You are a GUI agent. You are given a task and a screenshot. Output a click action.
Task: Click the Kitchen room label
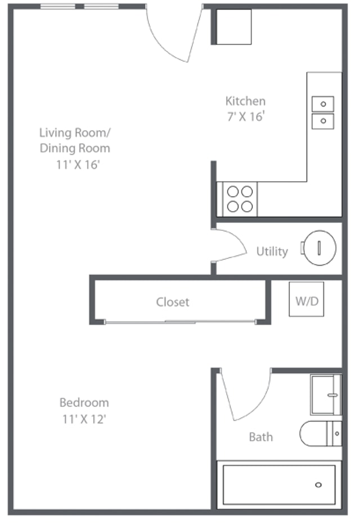pos(245,101)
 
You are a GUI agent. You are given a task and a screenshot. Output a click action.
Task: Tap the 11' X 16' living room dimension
pos(78,164)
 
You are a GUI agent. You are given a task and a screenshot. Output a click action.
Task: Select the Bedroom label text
pos(84,403)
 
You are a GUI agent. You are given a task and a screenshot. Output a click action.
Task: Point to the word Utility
pos(272,252)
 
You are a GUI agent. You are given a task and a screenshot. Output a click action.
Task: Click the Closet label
pos(173,302)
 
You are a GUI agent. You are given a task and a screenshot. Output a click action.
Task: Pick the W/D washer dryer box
pos(307,299)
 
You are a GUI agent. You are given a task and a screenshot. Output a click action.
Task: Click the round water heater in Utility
pos(320,248)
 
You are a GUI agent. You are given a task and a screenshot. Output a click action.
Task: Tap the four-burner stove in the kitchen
pos(240,199)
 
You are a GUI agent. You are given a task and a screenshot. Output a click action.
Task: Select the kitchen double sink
pos(323,113)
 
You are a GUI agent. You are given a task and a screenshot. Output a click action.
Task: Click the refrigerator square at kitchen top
pos(233,26)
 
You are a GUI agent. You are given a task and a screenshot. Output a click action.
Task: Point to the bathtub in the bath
pos(279,485)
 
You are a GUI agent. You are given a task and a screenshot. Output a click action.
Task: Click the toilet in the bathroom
pos(321,433)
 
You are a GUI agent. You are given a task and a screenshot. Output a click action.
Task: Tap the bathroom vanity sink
pos(326,395)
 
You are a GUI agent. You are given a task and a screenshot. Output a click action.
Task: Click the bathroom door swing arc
pos(260,405)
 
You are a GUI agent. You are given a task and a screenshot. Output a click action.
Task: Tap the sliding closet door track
pos(181,322)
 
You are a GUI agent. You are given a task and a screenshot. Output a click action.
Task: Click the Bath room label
pos(261,437)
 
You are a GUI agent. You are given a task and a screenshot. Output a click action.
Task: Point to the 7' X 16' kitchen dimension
pos(246,117)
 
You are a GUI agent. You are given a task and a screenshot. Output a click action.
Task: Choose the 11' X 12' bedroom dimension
pos(84,419)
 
